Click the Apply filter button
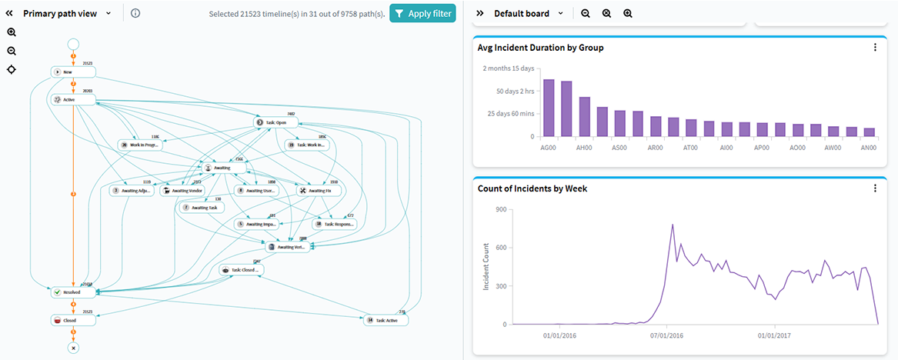point(422,13)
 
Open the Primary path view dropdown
point(108,13)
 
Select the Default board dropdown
point(559,13)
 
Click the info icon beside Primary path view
point(135,13)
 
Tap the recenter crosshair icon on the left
point(12,70)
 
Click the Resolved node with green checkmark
point(73,292)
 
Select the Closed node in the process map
point(73,319)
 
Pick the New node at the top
point(73,72)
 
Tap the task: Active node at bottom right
point(386,319)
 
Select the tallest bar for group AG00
point(549,108)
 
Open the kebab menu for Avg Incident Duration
point(875,48)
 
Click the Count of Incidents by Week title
point(532,188)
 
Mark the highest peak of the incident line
point(673,225)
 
